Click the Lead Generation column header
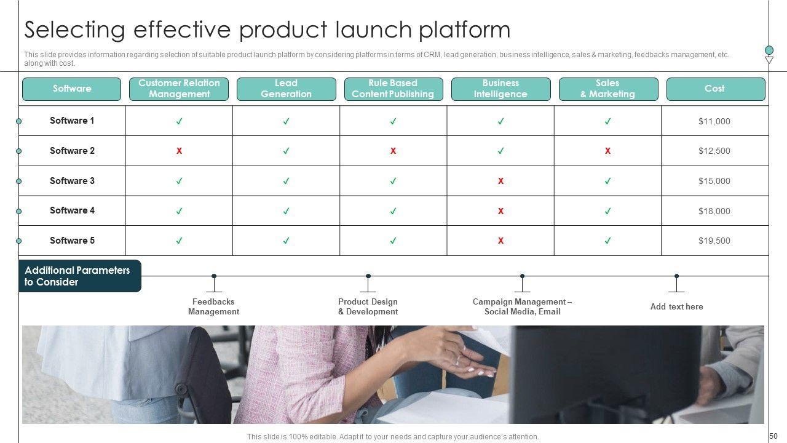(286, 89)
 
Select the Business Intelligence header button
(500, 89)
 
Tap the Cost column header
(715, 89)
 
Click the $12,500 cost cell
(714, 151)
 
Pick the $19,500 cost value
(714, 241)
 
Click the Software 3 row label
(72, 181)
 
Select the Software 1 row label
(72, 121)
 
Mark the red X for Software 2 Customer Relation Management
(179, 151)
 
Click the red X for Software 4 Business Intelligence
(500, 211)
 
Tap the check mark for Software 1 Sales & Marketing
(607, 121)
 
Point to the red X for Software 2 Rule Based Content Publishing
(393, 151)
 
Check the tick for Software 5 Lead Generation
(286, 241)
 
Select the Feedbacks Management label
(213, 306)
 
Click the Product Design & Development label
(368, 306)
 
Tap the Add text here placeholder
(676, 306)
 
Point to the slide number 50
(773, 436)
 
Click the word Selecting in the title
(74, 30)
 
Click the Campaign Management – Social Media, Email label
(522, 306)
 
